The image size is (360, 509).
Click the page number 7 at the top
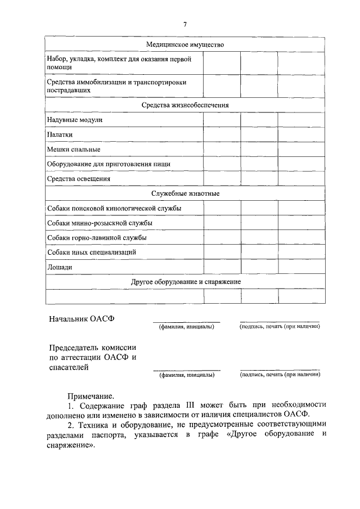click(x=184, y=24)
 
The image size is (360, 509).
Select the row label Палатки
click(x=60, y=134)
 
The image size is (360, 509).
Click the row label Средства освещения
click(x=79, y=179)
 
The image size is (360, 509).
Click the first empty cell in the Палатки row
click(x=222, y=134)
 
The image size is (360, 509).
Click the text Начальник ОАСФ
click(x=82, y=318)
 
